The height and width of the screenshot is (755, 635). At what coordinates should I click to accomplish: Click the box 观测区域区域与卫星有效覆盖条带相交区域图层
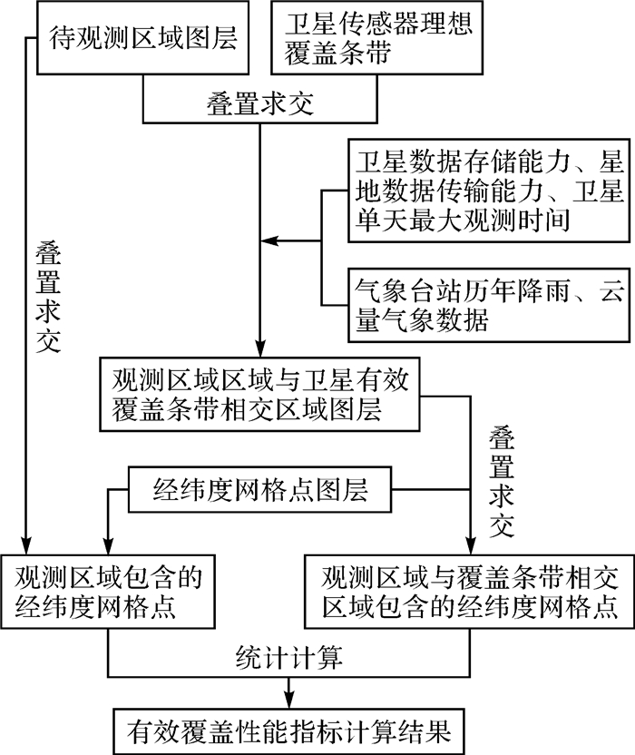pyautogui.click(x=261, y=393)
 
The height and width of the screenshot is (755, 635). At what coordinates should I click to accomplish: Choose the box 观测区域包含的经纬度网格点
pyautogui.click(x=108, y=590)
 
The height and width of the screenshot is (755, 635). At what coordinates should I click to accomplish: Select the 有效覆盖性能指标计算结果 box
pyautogui.click(x=289, y=727)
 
